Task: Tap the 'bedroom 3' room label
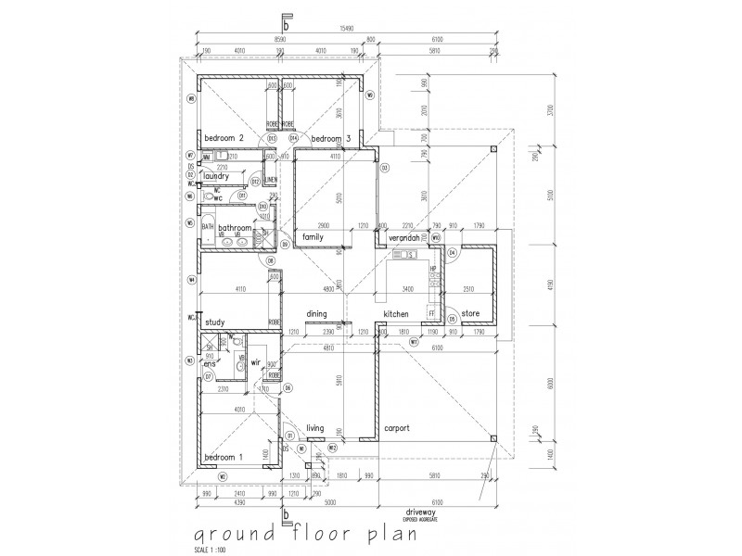coord(329,138)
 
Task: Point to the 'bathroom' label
coord(236,227)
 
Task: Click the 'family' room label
coord(312,237)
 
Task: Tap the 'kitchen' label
coord(409,315)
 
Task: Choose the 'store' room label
coord(470,315)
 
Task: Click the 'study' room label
coord(215,322)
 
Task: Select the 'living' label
coord(314,427)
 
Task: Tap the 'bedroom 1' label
coord(223,458)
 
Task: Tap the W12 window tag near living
coord(319,449)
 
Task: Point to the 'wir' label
coord(254,362)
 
